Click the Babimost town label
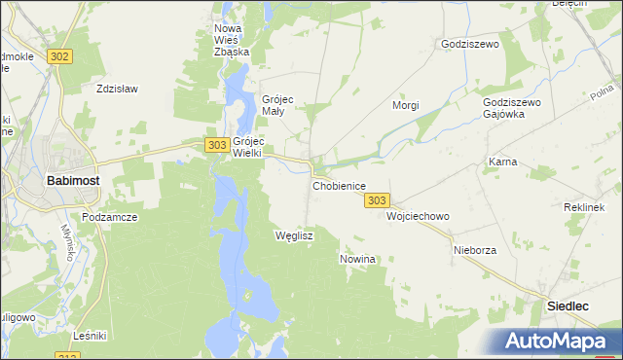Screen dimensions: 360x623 tap(71, 180)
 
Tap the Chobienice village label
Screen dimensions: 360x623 tap(339, 185)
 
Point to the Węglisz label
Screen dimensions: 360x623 tap(294, 235)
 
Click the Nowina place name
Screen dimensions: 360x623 tap(357, 259)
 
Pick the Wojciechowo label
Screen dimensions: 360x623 tap(418, 216)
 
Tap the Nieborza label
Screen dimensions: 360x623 tap(475, 250)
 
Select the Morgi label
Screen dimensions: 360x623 tap(405, 104)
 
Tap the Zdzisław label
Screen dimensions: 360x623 tap(118, 89)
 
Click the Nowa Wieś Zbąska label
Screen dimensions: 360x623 tap(232, 40)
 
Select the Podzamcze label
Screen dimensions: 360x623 tap(108, 218)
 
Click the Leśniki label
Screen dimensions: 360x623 tap(90, 336)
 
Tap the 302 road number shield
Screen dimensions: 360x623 tap(59, 56)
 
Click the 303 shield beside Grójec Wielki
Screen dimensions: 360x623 tap(217, 144)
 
